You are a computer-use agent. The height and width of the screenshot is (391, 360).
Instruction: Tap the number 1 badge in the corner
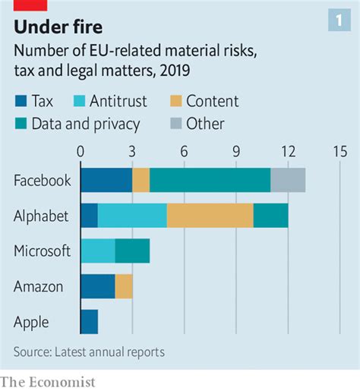[x=339, y=21]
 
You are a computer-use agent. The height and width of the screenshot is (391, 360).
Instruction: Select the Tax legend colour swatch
[x=21, y=101]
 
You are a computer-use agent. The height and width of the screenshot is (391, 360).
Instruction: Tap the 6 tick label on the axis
[x=184, y=151]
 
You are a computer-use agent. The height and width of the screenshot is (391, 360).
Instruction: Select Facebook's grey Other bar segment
[x=288, y=181]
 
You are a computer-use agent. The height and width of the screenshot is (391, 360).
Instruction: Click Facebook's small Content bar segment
[x=141, y=181]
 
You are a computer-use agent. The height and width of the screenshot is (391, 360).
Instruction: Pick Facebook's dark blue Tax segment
[x=106, y=181]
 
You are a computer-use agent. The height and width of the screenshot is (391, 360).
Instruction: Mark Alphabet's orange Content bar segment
[x=210, y=216]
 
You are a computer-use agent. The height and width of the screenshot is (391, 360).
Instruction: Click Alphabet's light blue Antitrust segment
[x=132, y=216]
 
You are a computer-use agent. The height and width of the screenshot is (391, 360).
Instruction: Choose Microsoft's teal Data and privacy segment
[x=132, y=251]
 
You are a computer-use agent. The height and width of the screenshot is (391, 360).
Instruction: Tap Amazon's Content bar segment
[x=124, y=286]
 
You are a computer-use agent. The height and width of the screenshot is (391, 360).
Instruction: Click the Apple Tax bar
[x=89, y=321]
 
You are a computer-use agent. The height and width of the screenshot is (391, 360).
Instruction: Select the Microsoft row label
[x=43, y=251]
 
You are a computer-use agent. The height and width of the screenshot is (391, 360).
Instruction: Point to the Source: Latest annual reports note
[x=89, y=352]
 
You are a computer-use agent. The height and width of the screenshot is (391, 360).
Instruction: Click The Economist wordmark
[x=48, y=382]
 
